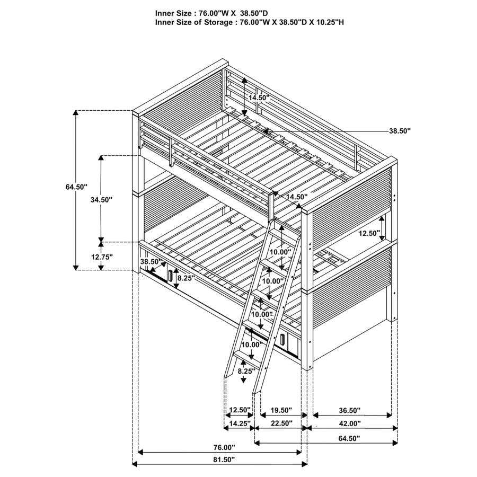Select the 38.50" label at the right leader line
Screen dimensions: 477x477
coord(400,130)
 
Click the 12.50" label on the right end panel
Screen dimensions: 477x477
coord(369,233)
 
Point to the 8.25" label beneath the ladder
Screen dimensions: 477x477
coord(245,372)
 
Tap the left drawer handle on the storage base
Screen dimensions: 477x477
coord(170,276)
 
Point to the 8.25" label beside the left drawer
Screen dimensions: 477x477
coord(186,278)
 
